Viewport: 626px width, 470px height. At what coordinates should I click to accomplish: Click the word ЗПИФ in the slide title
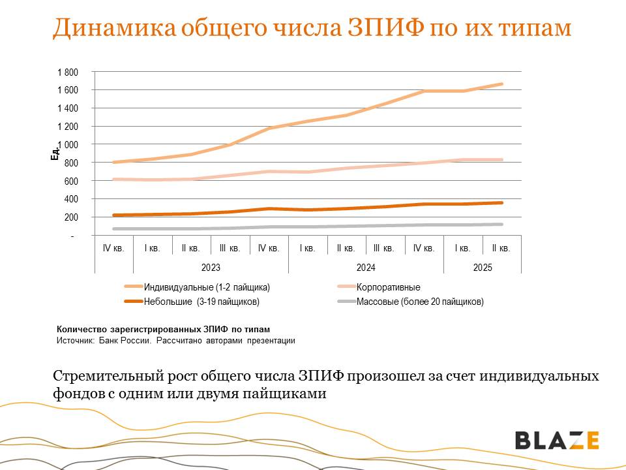[384, 28]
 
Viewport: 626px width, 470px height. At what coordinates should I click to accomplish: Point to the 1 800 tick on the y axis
[68, 72]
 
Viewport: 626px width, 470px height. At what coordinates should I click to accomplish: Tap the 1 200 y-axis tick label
[68, 126]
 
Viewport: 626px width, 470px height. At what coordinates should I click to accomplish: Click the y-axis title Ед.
[55, 153]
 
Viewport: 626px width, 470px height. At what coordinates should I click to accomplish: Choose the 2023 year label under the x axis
[211, 268]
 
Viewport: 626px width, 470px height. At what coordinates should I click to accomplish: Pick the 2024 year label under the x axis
[366, 268]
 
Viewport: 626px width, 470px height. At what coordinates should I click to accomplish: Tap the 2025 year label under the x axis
[483, 268]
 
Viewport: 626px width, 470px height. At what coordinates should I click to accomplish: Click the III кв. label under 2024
[385, 249]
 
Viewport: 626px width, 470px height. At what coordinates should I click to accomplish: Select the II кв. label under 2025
[501, 249]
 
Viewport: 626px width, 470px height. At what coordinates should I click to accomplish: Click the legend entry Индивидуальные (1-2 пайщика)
[207, 287]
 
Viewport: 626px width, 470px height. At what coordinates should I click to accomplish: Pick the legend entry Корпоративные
[389, 287]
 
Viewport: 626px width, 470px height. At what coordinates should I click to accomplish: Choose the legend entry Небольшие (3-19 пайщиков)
[201, 302]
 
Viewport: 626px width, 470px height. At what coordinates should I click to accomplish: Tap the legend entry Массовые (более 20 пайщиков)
[420, 302]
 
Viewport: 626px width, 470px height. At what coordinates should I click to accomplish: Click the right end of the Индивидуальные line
[501, 84]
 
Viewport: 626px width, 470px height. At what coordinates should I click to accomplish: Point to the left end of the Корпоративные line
[115, 180]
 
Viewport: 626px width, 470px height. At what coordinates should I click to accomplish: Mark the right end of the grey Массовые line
[501, 225]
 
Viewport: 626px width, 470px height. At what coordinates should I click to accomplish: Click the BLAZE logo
[557, 440]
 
